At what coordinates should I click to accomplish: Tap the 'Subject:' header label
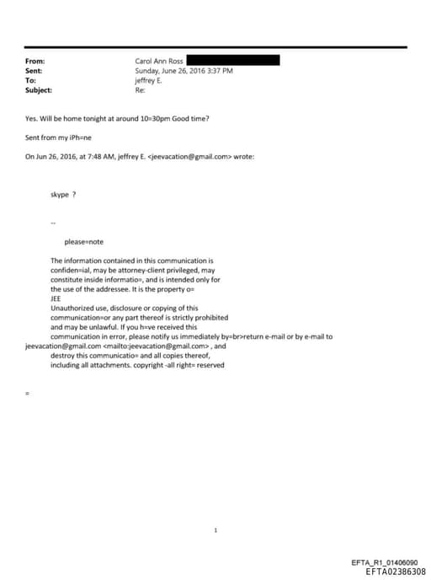point(39,89)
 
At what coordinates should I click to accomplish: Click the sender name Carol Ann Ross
point(158,62)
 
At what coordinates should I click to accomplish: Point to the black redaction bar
point(232,61)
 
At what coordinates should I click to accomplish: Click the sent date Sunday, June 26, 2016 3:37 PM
point(184,71)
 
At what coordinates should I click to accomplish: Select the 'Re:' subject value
point(140,89)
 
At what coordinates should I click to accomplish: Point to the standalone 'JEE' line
point(56,298)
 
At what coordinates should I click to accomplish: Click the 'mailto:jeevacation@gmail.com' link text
point(157,346)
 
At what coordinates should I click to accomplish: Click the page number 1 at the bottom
point(215,508)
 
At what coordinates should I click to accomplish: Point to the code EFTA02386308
point(396,572)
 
